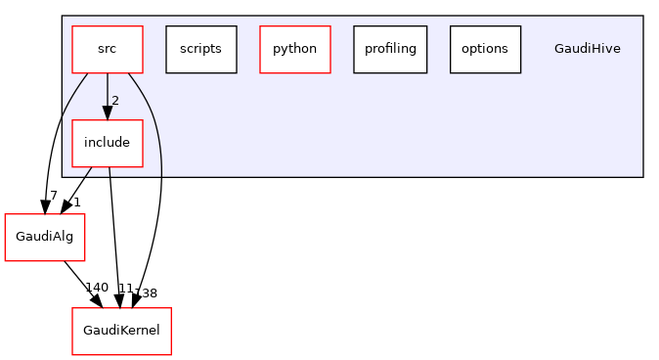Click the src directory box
coord(107,49)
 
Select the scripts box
coord(200,49)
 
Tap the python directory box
coord(294,49)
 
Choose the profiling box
coord(390,49)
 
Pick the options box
coord(484,49)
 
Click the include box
coord(107,143)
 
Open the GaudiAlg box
coord(40,237)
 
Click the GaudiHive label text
coord(587,49)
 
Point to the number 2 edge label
coord(114,101)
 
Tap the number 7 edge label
coord(54,195)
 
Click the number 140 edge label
coord(97,288)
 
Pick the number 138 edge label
coord(145,292)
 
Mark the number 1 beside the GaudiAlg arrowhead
coord(77,201)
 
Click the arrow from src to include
coord(107,93)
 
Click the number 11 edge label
coord(124,289)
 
